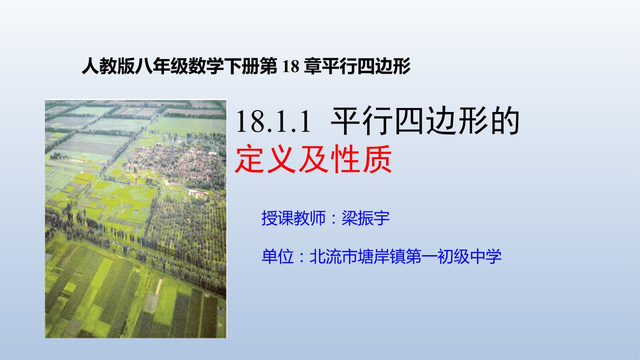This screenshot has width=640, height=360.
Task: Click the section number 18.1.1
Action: (273, 122)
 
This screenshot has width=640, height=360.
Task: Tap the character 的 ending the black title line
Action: (505, 121)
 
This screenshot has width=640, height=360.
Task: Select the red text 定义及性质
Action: (313, 159)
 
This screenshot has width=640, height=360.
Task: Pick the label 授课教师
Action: (294, 218)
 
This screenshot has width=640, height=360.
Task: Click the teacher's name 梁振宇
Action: (366, 218)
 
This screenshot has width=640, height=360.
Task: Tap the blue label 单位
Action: (278, 256)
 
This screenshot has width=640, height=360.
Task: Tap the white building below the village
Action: (198, 194)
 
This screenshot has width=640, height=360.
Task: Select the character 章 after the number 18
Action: (313, 66)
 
